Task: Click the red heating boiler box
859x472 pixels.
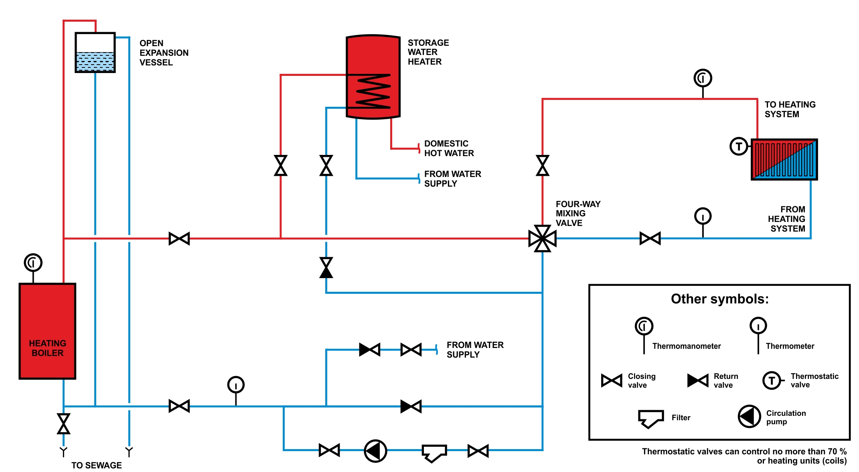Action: tap(47, 331)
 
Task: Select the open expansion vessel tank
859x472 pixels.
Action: tap(95, 53)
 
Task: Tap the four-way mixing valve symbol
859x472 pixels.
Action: tap(543, 239)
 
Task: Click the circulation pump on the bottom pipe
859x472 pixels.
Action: tap(375, 451)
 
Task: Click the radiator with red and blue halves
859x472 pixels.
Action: tap(784, 160)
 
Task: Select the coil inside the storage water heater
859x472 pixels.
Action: tap(373, 92)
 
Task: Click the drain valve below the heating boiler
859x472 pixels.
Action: tap(63, 424)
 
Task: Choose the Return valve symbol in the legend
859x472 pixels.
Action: tap(698, 380)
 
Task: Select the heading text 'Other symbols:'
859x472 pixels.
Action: tap(720, 299)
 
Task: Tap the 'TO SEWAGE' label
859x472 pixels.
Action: tap(97, 465)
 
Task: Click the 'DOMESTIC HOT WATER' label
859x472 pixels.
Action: tap(449, 149)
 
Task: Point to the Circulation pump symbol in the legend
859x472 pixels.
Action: tap(749, 417)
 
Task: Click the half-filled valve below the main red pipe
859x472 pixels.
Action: tap(326, 268)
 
